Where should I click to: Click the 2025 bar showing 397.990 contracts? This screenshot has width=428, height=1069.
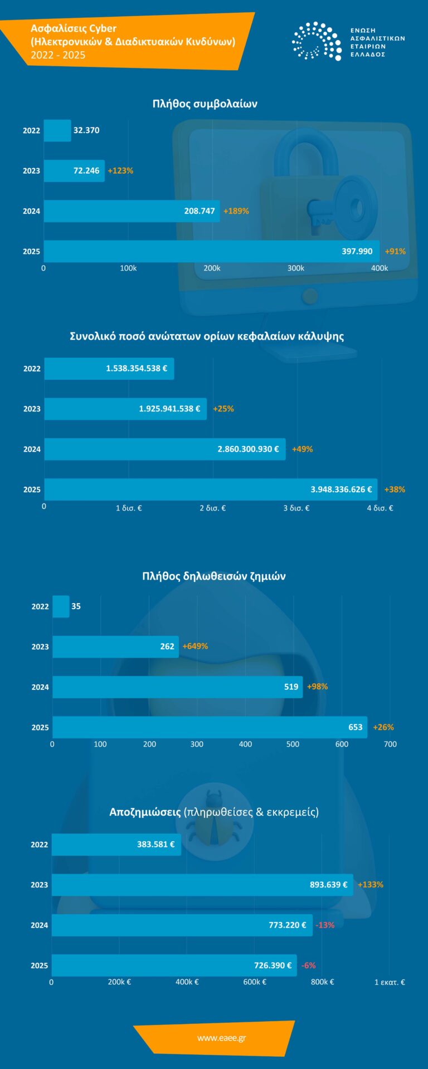pos(212,251)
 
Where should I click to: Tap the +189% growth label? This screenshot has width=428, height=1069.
pos(236,211)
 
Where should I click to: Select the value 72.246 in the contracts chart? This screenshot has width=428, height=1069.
pos(86,171)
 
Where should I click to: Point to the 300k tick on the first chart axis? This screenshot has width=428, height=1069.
pos(295,268)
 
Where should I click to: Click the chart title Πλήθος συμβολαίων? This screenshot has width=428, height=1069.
pos(205,104)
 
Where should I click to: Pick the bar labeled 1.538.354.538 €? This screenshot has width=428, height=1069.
pos(109,369)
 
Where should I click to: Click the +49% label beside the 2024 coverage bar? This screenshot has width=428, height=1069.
pos(302,449)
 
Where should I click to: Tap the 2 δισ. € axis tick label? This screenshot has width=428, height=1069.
pos(212,508)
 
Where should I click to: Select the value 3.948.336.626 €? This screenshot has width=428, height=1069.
pos(341,489)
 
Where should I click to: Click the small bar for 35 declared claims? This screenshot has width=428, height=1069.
pos(61,606)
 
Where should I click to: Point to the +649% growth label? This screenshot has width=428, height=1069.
pos(195,646)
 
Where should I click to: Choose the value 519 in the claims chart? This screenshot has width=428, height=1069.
pos(291,687)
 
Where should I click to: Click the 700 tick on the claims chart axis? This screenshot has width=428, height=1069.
pos(390,744)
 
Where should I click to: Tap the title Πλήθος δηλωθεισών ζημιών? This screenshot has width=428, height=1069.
pos(213,576)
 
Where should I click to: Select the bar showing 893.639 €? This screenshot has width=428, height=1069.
pos(202,885)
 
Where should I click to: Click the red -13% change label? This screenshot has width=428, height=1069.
pos(325,925)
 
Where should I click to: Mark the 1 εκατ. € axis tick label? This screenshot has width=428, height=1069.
pos(389,982)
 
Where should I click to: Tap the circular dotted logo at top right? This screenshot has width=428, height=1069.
pos(317,41)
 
